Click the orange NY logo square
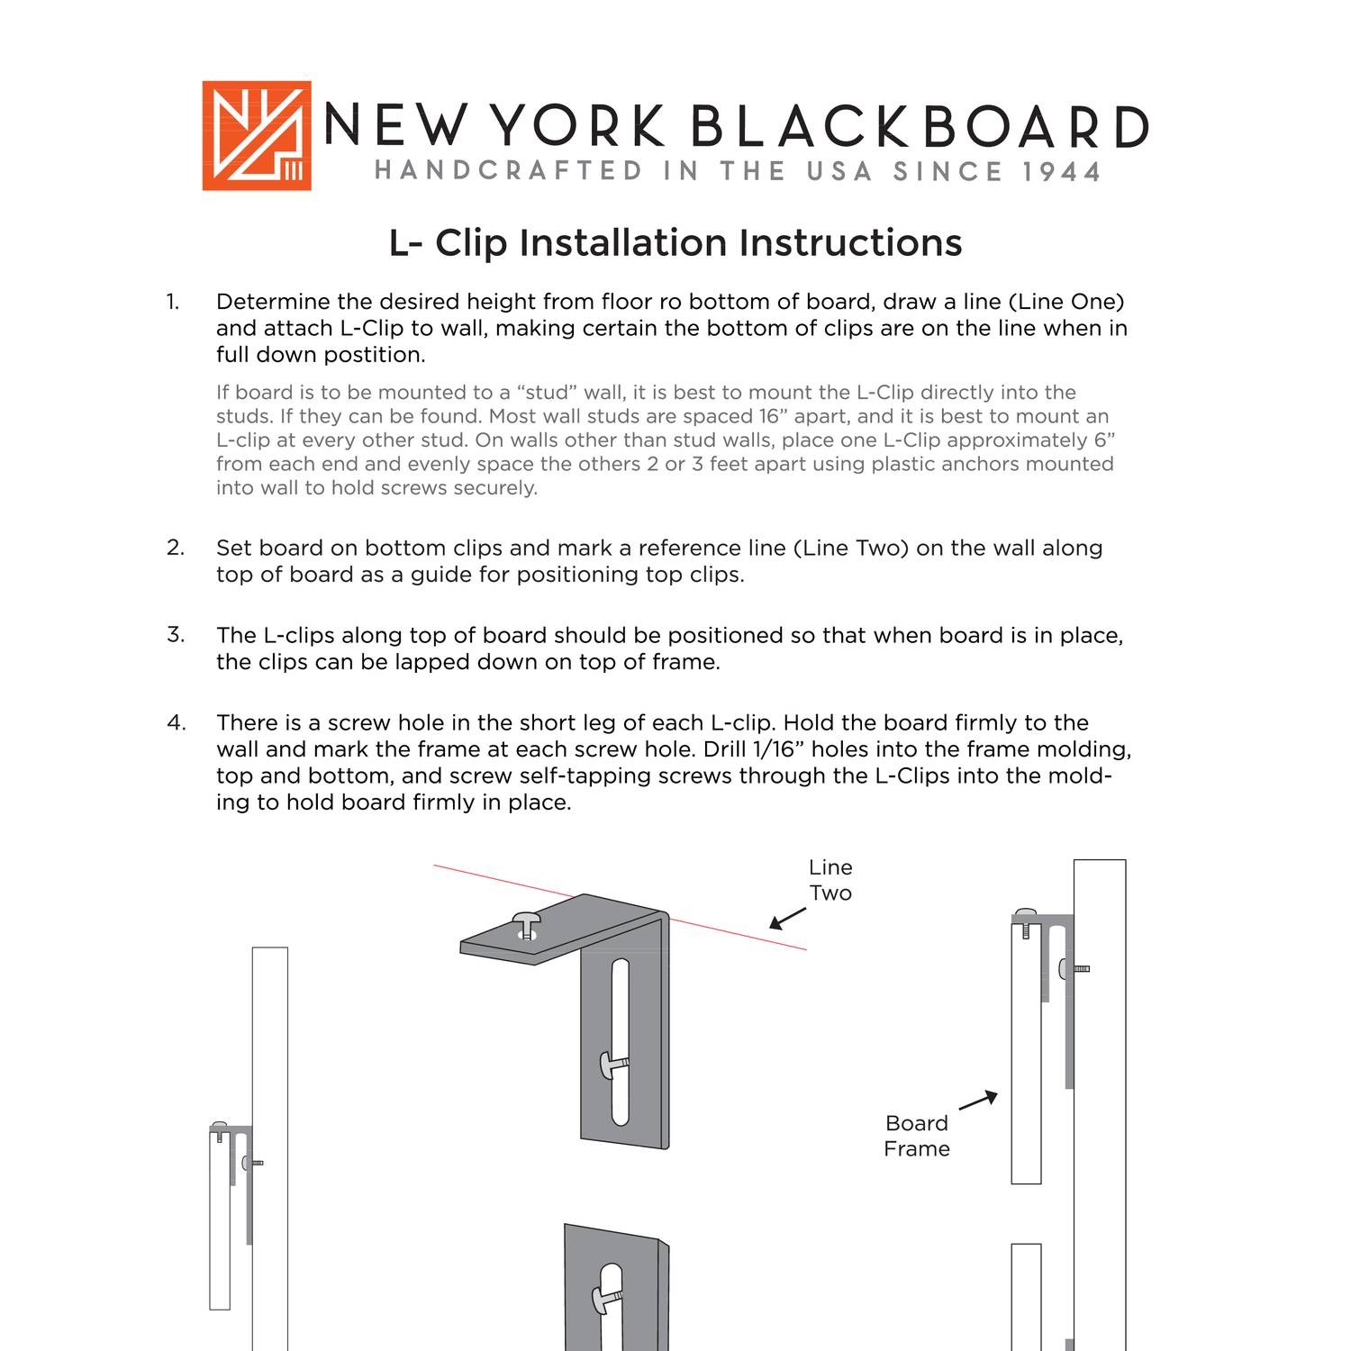pos(257,136)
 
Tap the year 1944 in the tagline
pos(1062,172)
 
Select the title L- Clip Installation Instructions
pos(675,243)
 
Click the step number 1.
pos(172,303)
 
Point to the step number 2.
pos(175,548)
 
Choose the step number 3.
pos(175,635)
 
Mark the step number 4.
pos(176,722)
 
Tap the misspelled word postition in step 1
pos(374,355)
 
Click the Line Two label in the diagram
pos(830,880)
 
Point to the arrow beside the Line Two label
pos(787,919)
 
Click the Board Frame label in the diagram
pos(916,1136)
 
